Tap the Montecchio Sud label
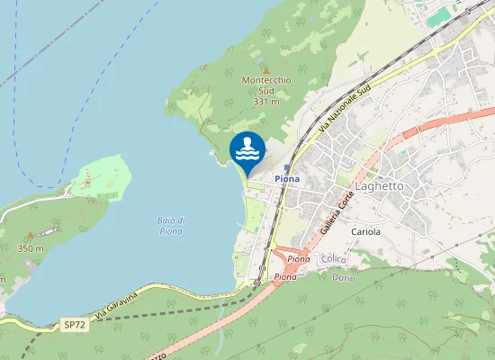pyautogui.click(x=265, y=85)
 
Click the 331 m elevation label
pyautogui.click(x=265, y=102)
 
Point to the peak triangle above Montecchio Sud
pyautogui.click(x=265, y=69)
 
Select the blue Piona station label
pyautogui.click(x=288, y=179)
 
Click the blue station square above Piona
pyautogui.click(x=287, y=167)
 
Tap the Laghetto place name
pyautogui.click(x=380, y=186)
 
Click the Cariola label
pyautogui.click(x=366, y=231)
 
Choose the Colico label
pyautogui.click(x=334, y=259)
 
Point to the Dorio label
pyautogui.click(x=343, y=277)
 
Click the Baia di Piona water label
pyautogui.click(x=171, y=225)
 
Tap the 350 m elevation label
pyautogui.click(x=30, y=248)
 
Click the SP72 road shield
pyautogui.click(x=74, y=322)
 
